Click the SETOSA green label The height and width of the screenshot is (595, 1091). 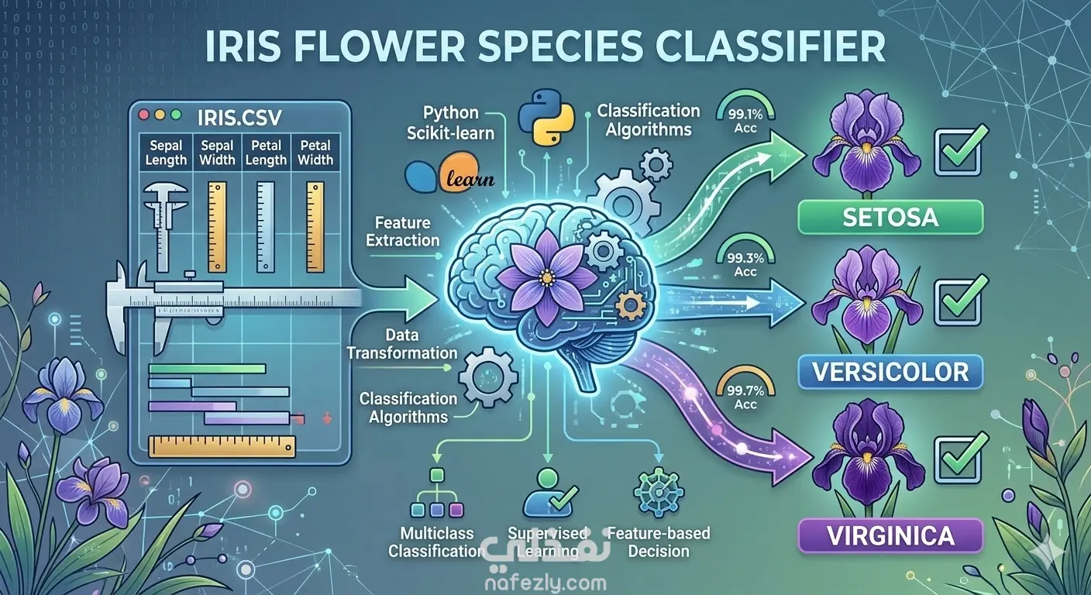[x=890, y=217]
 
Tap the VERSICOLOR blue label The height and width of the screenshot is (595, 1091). [x=890, y=373]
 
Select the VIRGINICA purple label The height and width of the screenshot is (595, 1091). [x=890, y=535]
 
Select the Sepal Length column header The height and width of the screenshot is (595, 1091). [x=167, y=153]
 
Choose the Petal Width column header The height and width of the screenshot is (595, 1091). [x=315, y=153]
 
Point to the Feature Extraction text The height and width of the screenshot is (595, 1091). [x=403, y=232]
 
